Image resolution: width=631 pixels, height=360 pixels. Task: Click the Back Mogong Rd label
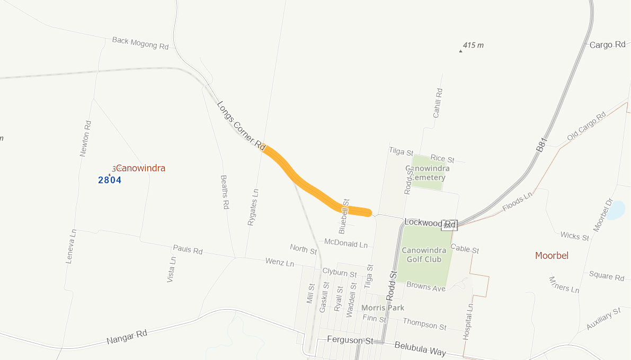(140, 43)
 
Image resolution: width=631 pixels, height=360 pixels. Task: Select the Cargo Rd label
(607, 45)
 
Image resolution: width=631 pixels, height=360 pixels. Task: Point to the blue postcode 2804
(110, 180)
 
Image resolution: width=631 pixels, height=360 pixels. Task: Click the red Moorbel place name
(552, 256)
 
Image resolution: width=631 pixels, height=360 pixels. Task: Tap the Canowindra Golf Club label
(424, 255)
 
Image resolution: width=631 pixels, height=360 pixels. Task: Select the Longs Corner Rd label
(241, 124)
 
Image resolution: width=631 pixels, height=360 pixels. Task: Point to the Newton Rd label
(85, 138)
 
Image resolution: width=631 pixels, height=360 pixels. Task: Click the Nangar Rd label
(126, 336)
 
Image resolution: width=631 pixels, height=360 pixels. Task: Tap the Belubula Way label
(420, 348)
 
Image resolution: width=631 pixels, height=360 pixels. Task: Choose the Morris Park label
(383, 308)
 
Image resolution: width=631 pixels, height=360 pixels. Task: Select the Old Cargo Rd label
(586, 127)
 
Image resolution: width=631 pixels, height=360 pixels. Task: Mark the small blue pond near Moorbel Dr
(616, 211)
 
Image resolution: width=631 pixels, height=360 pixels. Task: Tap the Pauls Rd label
(188, 249)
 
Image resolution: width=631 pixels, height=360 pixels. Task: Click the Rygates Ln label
(253, 207)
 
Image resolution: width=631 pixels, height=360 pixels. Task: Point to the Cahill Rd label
(438, 103)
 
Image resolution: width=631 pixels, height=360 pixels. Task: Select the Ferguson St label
(350, 339)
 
